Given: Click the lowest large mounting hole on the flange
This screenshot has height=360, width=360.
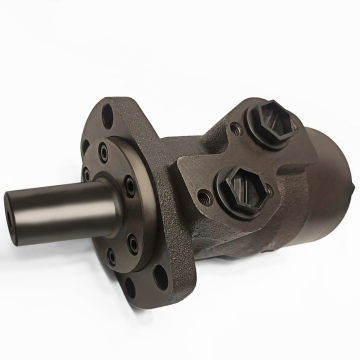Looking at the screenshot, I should (x=128, y=291).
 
